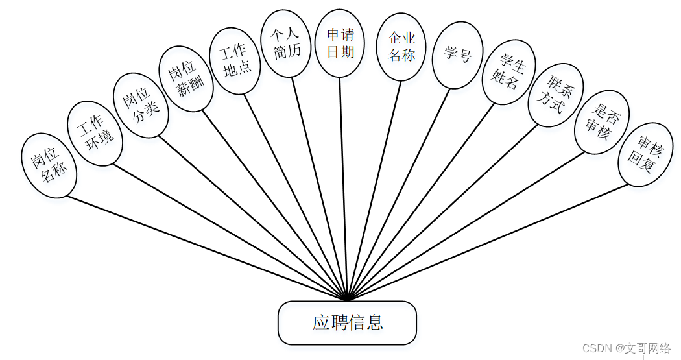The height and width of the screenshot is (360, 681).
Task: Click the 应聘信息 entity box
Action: (347, 322)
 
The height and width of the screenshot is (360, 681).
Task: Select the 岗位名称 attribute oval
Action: (49, 165)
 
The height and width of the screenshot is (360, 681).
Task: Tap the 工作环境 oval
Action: (95, 134)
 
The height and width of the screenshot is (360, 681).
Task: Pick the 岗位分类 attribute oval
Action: (141, 104)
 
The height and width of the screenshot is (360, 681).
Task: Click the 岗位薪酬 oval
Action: (186, 78)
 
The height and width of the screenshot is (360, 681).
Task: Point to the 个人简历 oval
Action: (287, 44)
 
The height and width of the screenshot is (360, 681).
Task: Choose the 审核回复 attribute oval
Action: (645, 154)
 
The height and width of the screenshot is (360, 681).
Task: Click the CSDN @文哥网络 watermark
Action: (626, 348)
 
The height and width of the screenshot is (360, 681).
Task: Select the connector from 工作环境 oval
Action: (230, 232)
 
